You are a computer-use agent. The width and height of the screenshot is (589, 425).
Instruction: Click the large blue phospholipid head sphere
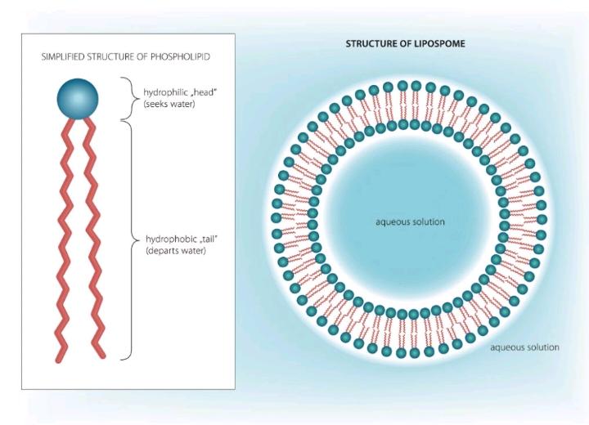(x=78, y=99)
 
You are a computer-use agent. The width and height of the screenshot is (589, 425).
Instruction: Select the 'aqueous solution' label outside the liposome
(x=524, y=347)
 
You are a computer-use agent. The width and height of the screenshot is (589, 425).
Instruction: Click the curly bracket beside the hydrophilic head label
(x=129, y=97)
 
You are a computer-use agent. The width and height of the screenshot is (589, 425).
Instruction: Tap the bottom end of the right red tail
(x=101, y=355)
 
